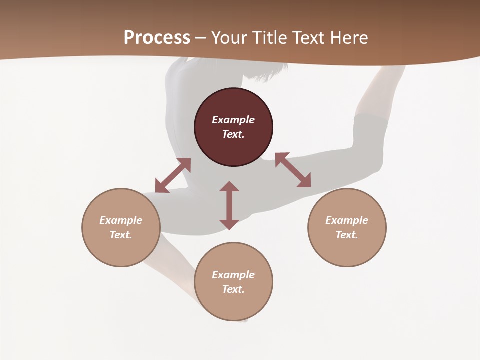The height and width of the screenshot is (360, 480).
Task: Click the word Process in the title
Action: [x=157, y=38]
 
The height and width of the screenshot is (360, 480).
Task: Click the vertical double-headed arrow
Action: [x=229, y=205]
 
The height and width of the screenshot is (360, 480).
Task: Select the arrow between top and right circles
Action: [x=293, y=170]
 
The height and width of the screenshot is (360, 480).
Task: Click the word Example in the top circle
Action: [x=233, y=120]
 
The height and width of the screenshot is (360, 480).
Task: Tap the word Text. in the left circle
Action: [x=121, y=235]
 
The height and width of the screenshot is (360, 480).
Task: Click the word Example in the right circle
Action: [x=347, y=220]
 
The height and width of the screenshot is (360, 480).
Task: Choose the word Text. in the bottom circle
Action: [x=233, y=289]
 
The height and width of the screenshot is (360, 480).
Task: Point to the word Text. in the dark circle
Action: [x=233, y=134]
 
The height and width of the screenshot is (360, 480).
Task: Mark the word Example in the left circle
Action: [x=121, y=220]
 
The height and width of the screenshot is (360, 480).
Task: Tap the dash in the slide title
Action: [x=200, y=38]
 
